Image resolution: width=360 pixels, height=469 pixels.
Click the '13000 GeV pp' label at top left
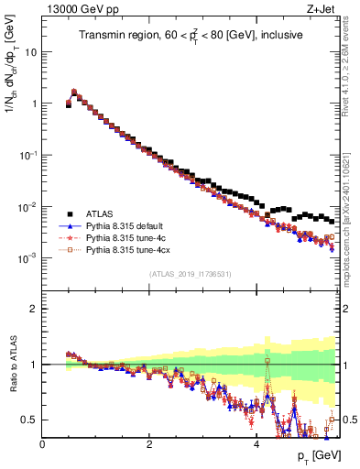click(x=71, y=8)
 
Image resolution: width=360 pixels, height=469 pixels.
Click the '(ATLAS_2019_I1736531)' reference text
click(x=190, y=274)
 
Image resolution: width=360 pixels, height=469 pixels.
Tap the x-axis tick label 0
click(x=42, y=442)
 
